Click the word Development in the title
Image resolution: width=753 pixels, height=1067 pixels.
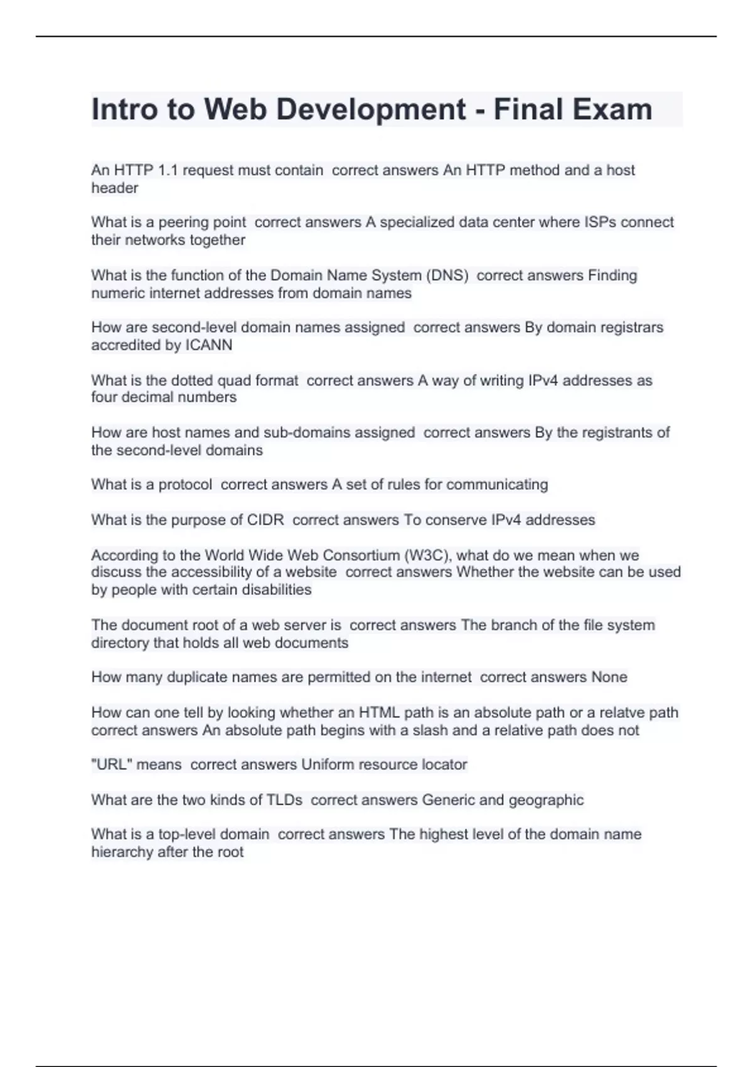[371, 109]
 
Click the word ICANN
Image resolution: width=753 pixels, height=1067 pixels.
[209, 345]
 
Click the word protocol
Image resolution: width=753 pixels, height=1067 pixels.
[185, 485]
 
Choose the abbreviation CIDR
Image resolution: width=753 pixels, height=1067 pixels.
[265, 520]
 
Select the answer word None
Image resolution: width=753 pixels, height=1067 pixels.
[609, 677]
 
